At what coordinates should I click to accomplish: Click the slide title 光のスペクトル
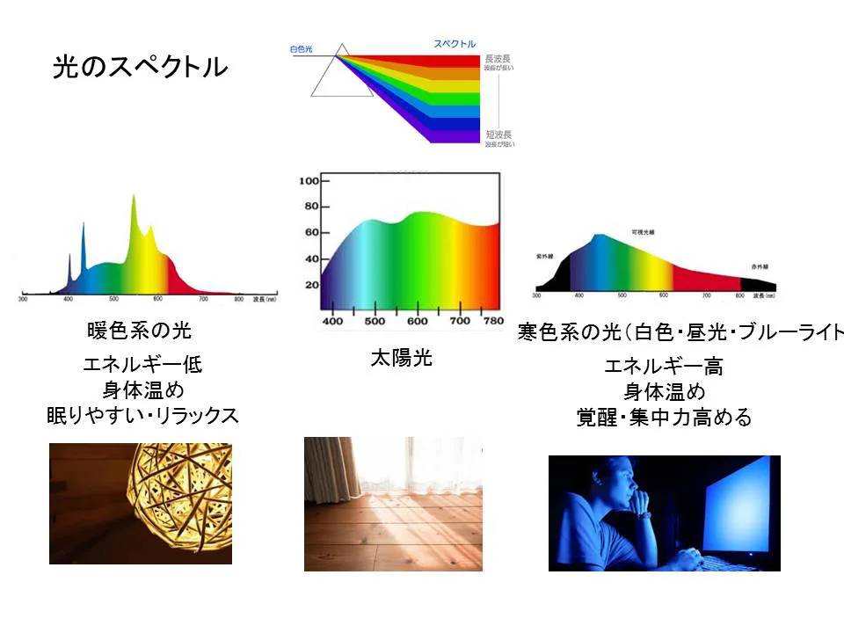click(x=140, y=67)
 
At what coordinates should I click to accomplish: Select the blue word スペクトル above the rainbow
click(x=455, y=44)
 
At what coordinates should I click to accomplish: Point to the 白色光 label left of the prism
click(x=302, y=50)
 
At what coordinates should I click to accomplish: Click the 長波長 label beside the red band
click(x=498, y=59)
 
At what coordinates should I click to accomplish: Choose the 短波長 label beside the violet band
click(x=498, y=134)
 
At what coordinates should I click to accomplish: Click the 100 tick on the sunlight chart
click(x=308, y=180)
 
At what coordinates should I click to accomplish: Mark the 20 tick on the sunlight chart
click(x=310, y=285)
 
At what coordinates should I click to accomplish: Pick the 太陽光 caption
click(x=401, y=359)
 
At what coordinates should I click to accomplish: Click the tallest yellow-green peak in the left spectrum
click(x=135, y=200)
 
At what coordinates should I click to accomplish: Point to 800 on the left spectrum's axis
click(x=238, y=301)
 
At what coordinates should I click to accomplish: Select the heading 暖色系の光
click(x=140, y=331)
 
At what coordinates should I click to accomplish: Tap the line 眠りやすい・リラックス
click(x=142, y=415)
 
